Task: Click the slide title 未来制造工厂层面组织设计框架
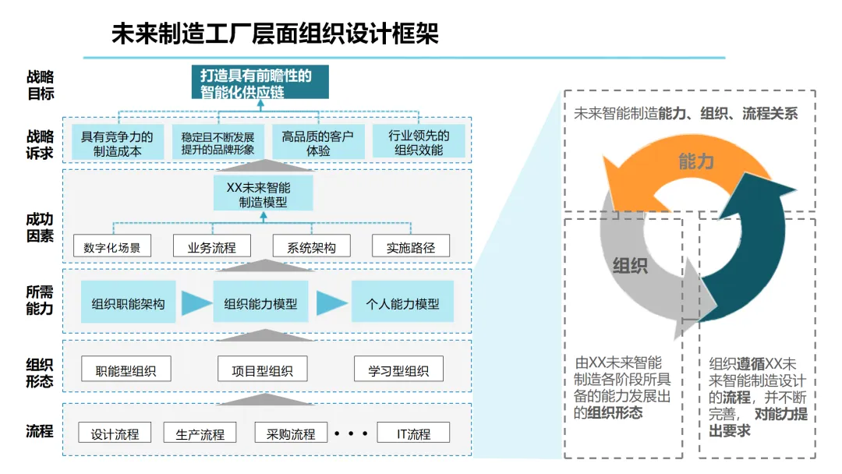click(x=274, y=34)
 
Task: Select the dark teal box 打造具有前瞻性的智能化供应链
click(x=260, y=83)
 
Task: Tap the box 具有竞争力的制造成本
click(x=118, y=143)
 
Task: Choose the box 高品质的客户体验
click(x=318, y=143)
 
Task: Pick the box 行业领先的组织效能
click(x=418, y=143)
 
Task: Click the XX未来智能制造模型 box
click(x=263, y=193)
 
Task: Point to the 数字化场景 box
click(x=112, y=247)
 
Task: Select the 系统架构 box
click(x=311, y=247)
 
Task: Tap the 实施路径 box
click(x=411, y=247)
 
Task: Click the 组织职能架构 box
click(x=128, y=304)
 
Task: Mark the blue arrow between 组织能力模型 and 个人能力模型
click(x=331, y=304)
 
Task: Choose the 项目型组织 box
click(x=263, y=370)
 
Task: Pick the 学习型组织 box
click(x=398, y=370)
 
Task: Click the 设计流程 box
click(x=115, y=433)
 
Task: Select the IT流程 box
click(x=413, y=433)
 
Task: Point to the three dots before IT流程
click(x=351, y=432)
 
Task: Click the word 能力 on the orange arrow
click(x=696, y=161)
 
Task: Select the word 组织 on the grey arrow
click(x=630, y=266)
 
